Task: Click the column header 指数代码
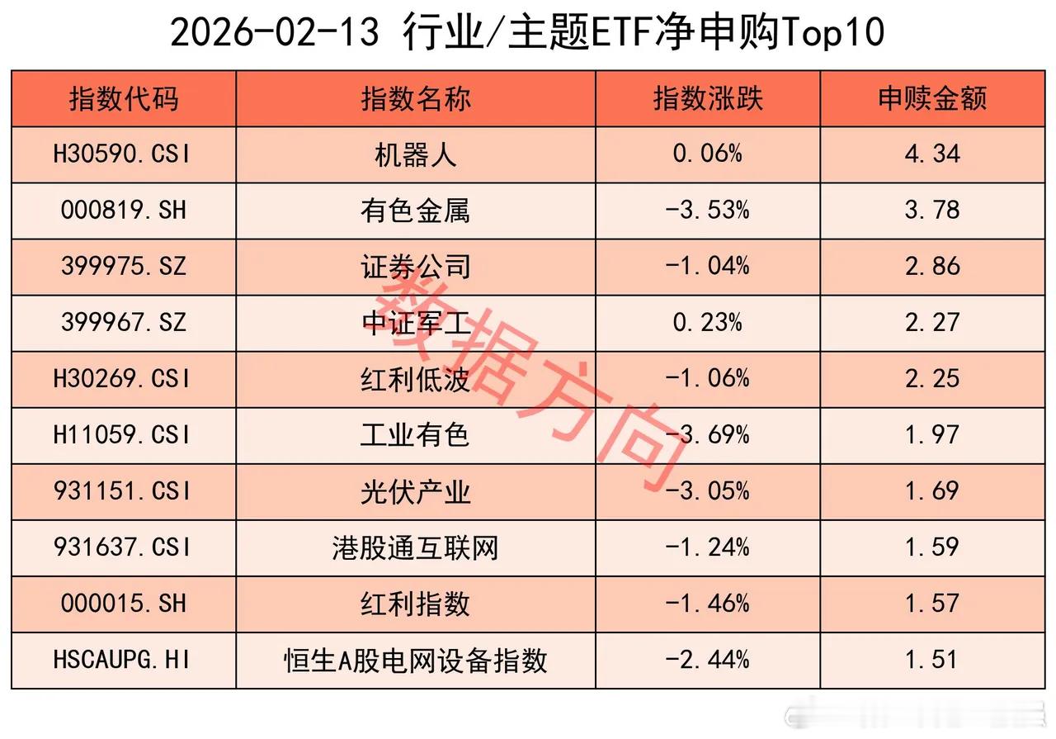click(x=123, y=99)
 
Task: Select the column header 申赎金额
click(x=932, y=99)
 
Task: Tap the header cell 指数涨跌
click(x=708, y=99)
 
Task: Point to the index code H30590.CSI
click(x=123, y=154)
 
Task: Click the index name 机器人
click(x=415, y=154)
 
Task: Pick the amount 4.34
click(x=932, y=154)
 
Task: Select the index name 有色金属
click(x=415, y=211)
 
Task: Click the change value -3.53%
click(x=708, y=211)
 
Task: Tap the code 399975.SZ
click(x=123, y=267)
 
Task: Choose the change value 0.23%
click(x=708, y=323)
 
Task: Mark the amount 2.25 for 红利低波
click(x=932, y=379)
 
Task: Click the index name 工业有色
click(x=415, y=435)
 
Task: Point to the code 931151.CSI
click(x=123, y=491)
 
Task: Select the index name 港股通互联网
click(x=415, y=547)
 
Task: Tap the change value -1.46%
click(x=708, y=604)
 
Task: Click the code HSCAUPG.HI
click(x=123, y=660)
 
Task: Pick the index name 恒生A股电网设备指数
click(x=415, y=660)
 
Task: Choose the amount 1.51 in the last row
click(x=932, y=660)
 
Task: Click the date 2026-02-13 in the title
click(x=275, y=33)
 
